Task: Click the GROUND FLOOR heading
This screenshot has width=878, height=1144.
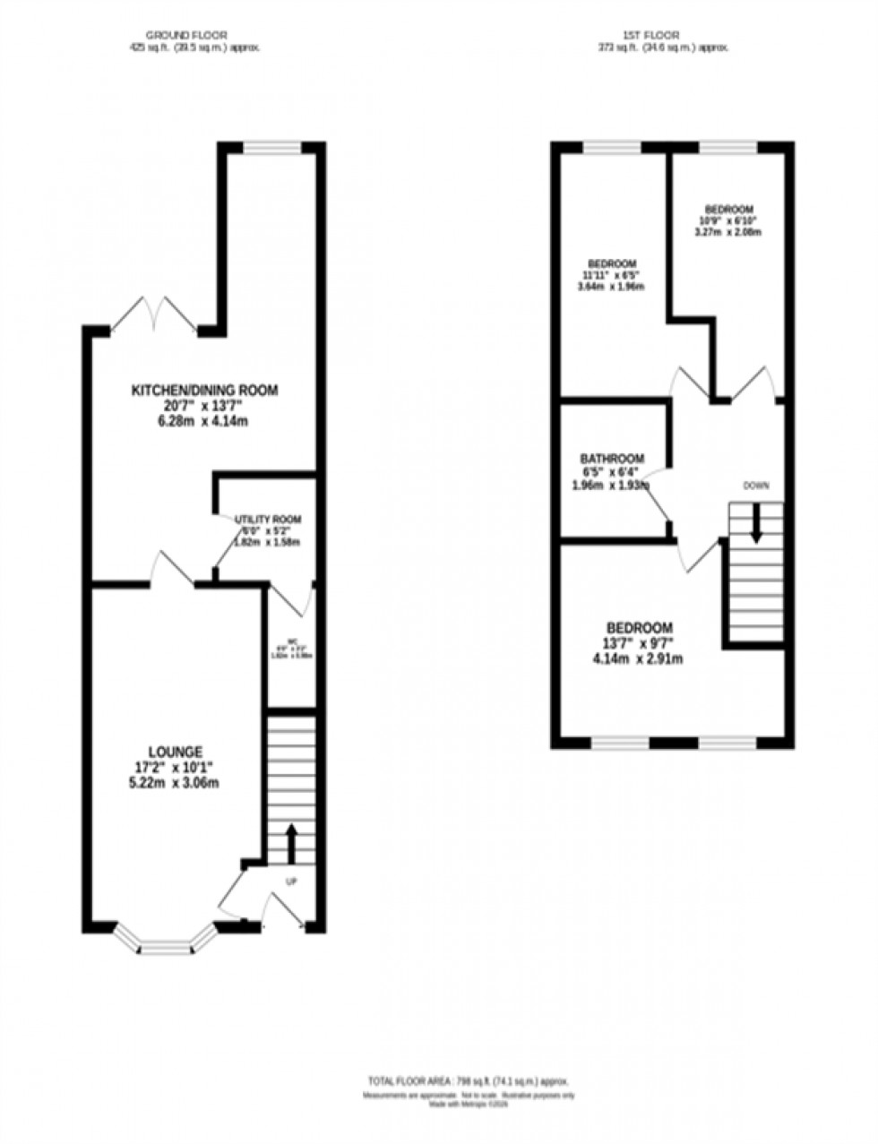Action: point(194,35)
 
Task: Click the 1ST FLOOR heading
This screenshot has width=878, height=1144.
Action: point(664,35)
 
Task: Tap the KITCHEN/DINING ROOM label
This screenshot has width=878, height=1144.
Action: point(205,391)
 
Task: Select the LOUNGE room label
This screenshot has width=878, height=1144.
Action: point(176,751)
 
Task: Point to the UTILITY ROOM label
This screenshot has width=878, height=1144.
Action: point(268,520)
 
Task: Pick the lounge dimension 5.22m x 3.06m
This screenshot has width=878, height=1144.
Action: point(176,782)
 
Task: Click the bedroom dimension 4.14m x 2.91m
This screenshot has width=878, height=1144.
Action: point(638,659)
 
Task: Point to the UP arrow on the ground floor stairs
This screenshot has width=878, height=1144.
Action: point(291,842)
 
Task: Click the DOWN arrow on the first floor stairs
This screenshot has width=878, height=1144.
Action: point(755,522)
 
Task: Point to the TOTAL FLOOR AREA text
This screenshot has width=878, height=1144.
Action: point(468,1079)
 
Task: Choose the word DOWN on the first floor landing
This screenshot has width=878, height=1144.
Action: point(755,486)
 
